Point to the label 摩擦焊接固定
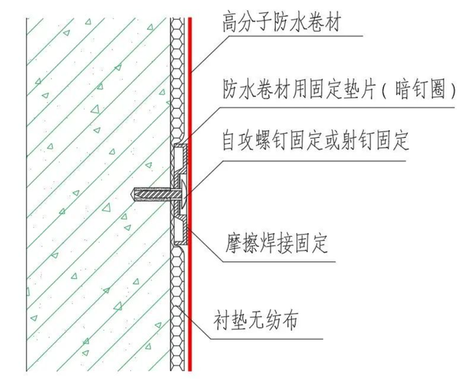coord(276,244)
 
